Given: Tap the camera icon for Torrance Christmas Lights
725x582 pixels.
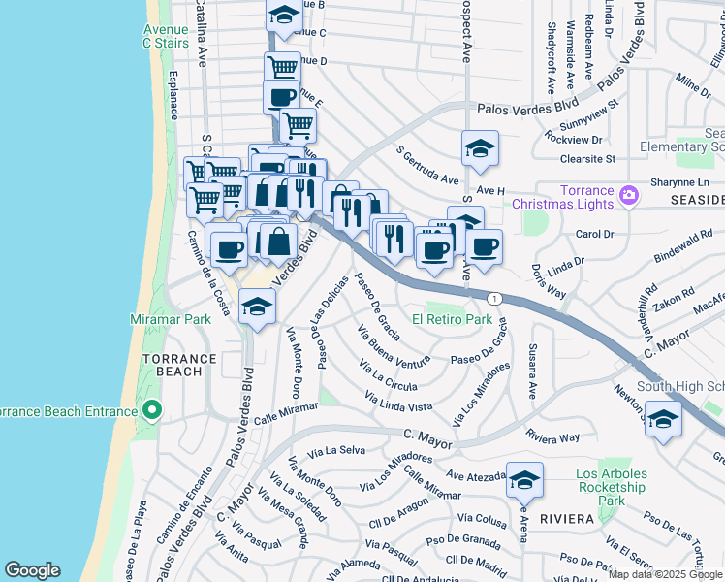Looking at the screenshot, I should [629, 196].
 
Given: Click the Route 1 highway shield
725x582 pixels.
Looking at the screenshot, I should [494, 297].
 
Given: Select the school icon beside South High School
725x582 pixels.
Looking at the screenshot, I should [663, 421].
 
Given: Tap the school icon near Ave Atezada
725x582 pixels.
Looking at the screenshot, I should [524, 480].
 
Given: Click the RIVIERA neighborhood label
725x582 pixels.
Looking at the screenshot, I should [566, 519].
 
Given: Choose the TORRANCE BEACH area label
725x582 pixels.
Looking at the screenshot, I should [179, 366].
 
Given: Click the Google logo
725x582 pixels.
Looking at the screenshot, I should [32, 570].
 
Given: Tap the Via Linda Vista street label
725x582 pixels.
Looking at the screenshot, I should [398, 402].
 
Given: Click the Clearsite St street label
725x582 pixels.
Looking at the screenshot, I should [581, 158].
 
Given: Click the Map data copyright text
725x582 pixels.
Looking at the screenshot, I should [665, 574].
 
